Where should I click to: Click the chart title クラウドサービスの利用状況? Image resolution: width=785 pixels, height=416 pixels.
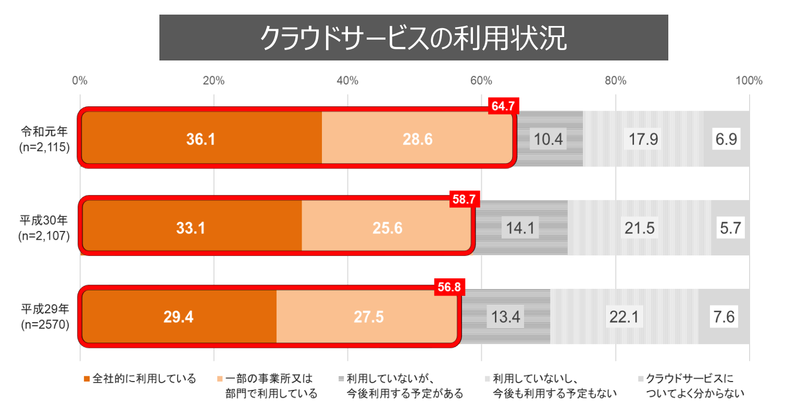pyautogui.click(x=413, y=38)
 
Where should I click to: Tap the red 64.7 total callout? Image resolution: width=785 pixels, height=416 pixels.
pyautogui.click(x=503, y=106)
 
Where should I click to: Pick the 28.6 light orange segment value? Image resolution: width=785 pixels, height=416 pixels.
pyautogui.click(x=417, y=140)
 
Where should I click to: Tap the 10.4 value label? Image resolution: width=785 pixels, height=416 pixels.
pyautogui.click(x=549, y=140)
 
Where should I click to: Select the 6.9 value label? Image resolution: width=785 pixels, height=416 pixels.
pyautogui.click(x=726, y=140)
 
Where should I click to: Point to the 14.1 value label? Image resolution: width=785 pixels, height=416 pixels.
pyautogui.click(x=521, y=228)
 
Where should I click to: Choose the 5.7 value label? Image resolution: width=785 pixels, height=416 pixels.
pyautogui.click(x=730, y=228)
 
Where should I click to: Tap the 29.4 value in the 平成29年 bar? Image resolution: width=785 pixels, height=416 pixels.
pyautogui.click(x=178, y=317)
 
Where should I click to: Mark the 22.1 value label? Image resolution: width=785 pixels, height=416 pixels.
pyautogui.click(x=624, y=317)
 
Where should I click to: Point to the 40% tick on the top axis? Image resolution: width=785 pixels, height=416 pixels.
pyautogui.click(x=347, y=81)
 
